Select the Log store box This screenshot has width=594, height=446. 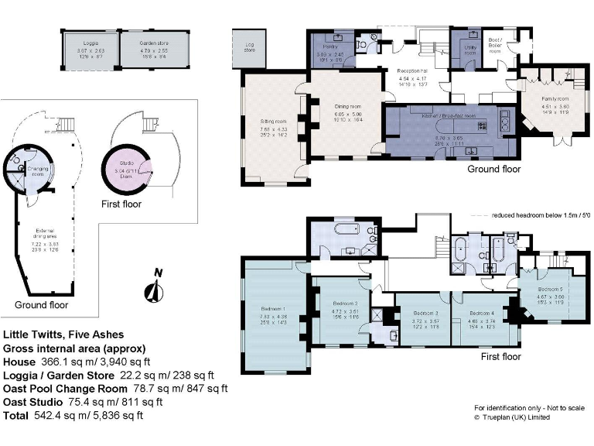[248, 47]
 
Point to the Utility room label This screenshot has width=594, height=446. [469, 46]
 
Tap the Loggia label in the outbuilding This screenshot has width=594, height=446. [90, 43]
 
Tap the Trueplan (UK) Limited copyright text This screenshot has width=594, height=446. [516, 417]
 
